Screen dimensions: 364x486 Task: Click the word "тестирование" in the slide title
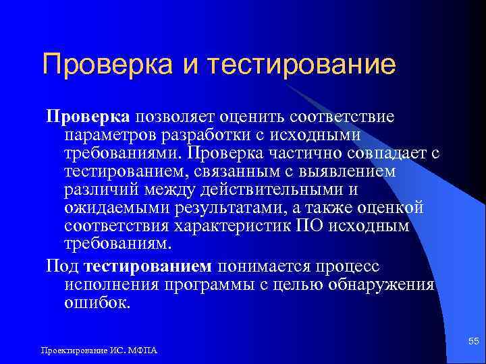click(301, 65)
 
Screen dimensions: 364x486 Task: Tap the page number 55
click(473, 344)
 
